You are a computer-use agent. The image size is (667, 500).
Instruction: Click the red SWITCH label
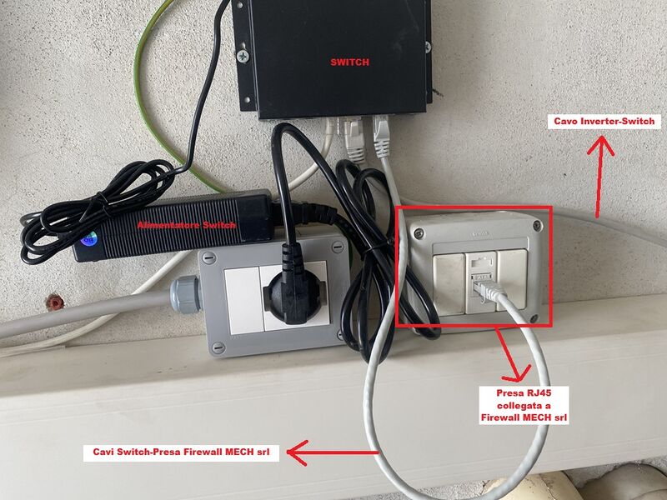(349, 62)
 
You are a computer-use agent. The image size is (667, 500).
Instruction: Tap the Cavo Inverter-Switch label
(604, 122)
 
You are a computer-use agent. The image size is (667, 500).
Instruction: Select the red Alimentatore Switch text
(186, 225)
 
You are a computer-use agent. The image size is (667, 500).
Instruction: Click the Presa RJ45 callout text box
(524, 405)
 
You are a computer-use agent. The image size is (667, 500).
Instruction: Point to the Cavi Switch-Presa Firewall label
(181, 452)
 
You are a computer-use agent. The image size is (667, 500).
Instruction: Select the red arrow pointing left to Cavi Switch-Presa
(333, 452)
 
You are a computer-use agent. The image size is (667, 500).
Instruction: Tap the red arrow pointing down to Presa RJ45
(513, 354)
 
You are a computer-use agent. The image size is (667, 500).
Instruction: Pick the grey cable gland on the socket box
(185, 294)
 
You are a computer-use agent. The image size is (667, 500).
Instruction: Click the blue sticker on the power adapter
(88, 240)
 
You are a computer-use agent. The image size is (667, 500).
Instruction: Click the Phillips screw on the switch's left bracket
(243, 55)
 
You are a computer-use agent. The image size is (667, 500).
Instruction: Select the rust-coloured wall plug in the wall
(55, 302)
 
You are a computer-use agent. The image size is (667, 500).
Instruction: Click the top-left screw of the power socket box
(208, 257)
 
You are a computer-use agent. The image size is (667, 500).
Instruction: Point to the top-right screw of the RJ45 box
(538, 225)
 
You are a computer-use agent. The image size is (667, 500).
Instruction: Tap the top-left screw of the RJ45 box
(419, 232)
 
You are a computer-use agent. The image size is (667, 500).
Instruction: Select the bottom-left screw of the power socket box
(218, 347)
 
